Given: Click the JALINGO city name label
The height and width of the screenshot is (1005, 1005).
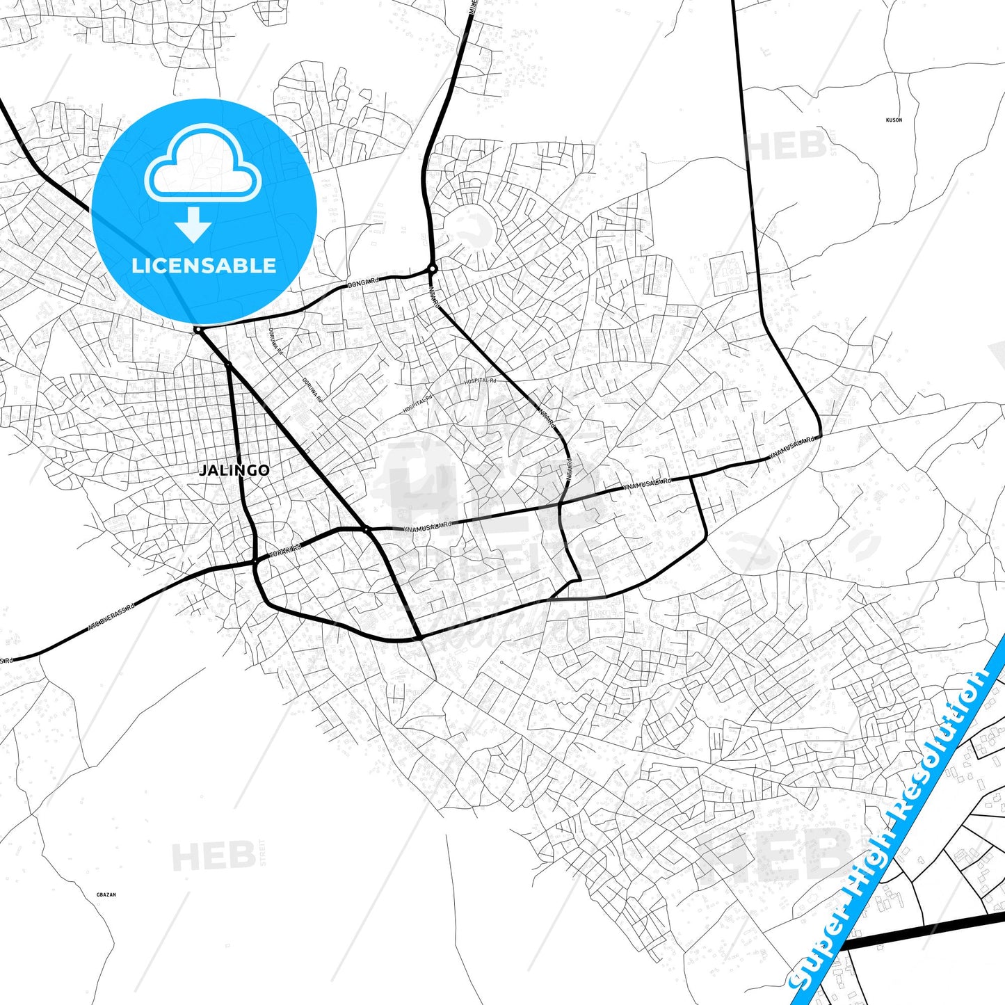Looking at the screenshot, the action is click(234, 470).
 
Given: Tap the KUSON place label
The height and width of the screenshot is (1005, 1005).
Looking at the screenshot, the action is click(894, 120).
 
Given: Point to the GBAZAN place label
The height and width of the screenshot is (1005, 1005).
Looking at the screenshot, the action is click(106, 895).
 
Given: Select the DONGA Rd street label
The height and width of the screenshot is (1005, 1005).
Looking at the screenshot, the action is click(364, 283).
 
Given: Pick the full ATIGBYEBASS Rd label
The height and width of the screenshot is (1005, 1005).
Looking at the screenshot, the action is click(111, 618).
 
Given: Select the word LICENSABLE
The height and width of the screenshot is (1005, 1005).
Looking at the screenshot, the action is click(204, 266).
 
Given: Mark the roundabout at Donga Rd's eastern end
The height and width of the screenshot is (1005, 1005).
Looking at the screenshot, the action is click(433, 268).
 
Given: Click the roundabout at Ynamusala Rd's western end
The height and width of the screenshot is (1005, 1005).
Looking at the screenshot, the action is click(366, 530).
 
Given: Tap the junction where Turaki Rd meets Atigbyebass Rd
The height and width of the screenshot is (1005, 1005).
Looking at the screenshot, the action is click(255, 561).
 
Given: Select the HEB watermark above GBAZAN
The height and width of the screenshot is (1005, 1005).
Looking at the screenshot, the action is click(214, 855).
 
